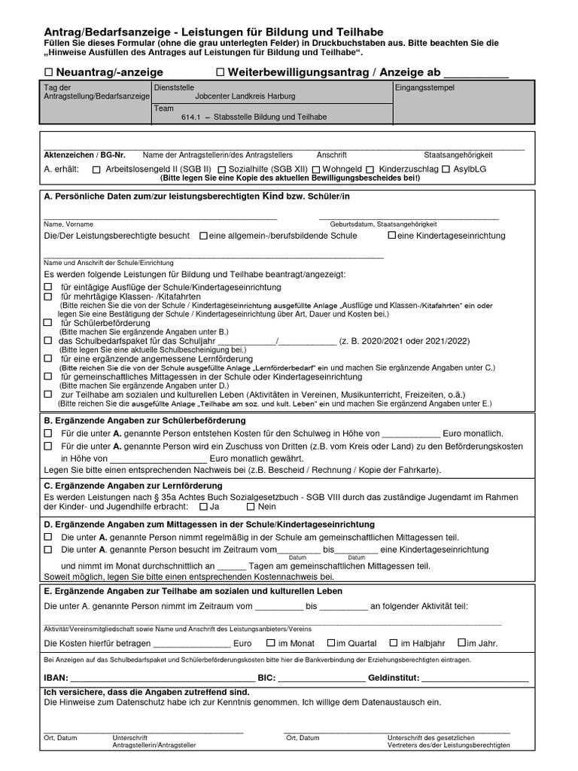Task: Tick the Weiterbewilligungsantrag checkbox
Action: [221, 72]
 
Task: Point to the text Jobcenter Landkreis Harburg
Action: [234, 96]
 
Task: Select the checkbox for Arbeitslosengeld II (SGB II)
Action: [96, 169]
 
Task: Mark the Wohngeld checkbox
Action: [316, 169]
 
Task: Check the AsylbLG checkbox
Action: [446, 169]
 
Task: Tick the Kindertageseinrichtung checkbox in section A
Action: [391, 236]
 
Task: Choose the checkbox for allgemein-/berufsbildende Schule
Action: [203, 236]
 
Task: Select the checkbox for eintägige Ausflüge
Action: [48, 288]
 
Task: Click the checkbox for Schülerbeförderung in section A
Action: [48, 323]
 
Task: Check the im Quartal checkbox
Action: [331, 644]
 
